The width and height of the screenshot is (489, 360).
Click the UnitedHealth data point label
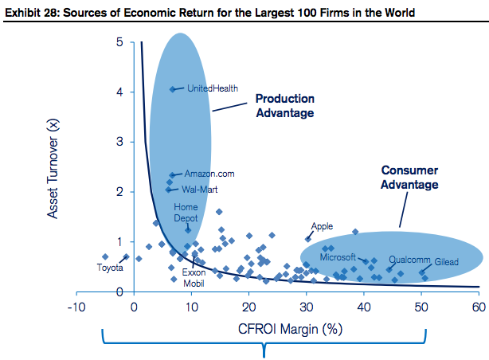(x=213, y=88)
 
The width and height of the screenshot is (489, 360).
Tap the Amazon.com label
(x=209, y=174)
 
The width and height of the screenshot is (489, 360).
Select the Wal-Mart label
(x=199, y=190)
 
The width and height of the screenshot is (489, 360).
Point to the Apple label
(x=322, y=226)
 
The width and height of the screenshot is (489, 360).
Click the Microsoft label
(x=337, y=257)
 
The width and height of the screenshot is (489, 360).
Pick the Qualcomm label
(x=409, y=260)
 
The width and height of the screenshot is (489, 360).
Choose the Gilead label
(x=445, y=260)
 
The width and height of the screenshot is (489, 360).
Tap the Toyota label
(x=110, y=268)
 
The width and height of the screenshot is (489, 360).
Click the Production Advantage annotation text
(x=284, y=105)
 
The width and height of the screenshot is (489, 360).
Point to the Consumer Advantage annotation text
(x=409, y=178)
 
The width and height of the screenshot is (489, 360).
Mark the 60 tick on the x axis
(x=478, y=307)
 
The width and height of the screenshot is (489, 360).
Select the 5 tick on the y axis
(x=119, y=42)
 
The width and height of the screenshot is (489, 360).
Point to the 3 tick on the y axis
(x=119, y=142)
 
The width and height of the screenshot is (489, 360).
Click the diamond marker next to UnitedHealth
(x=173, y=89)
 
